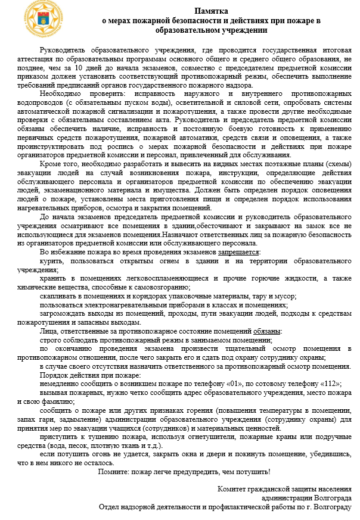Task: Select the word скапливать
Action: (x=60, y=296)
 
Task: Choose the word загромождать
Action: (x=64, y=314)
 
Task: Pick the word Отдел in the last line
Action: (x=111, y=507)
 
